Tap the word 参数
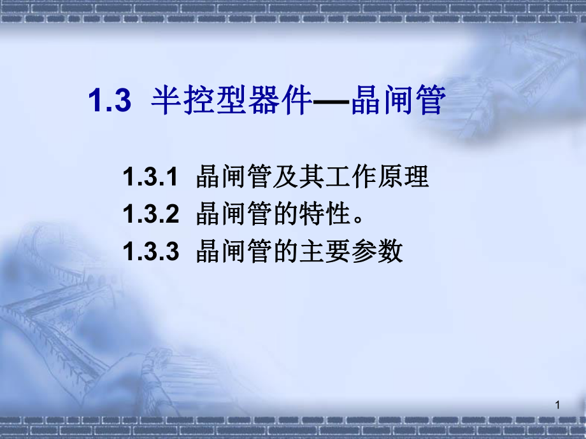[x=383, y=252]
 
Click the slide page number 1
[x=557, y=405]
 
